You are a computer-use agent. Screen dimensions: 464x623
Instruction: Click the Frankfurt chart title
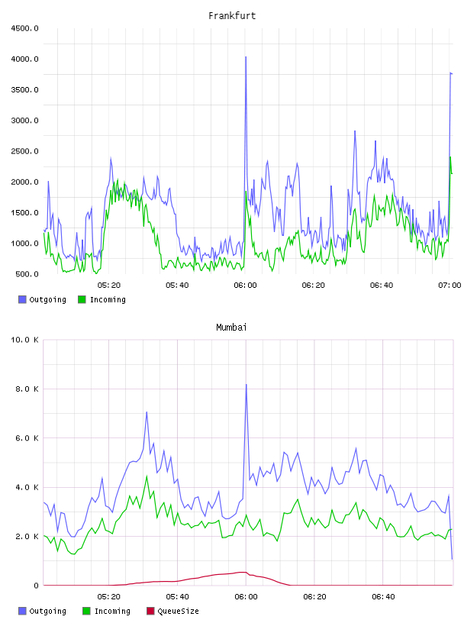coord(232,16)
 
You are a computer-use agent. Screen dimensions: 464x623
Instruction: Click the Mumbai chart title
coord(231,328)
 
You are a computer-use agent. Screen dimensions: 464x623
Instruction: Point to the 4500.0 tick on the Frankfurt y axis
coord(24,28)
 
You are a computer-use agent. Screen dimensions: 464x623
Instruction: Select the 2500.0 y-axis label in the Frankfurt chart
coord(24,151)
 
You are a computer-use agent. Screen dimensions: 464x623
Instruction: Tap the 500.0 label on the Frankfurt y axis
coord(27,274)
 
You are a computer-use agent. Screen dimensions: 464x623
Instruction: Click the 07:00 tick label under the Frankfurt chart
coord(449,285)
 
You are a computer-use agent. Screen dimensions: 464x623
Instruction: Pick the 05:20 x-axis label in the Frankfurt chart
coord(109,285)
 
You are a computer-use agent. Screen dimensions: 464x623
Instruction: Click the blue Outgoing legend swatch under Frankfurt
coord(22,299)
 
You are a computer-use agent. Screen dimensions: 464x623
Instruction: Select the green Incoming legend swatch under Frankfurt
coord(82,299)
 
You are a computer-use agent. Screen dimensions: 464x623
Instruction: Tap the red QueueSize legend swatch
coord(150,611)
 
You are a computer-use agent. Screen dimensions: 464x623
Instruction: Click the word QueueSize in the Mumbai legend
coord(178,611)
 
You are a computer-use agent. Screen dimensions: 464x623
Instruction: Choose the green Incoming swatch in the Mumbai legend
coord(86,611)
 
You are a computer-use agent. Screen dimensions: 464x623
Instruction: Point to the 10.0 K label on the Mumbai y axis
coord(24,340)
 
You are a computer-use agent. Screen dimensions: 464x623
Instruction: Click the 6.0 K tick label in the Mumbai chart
coord(27,437)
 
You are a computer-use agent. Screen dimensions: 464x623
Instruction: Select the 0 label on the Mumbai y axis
coord(36,586)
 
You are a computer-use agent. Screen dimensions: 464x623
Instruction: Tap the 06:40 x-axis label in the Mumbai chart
coord(383,596)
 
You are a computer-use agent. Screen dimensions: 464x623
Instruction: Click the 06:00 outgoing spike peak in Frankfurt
coord(246,56)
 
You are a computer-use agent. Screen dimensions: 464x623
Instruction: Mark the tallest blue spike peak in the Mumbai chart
coord(246,384)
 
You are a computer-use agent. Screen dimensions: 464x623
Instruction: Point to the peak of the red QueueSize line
coord(243,572)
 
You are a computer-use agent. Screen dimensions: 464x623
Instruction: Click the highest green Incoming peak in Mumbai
coord(147,476)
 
